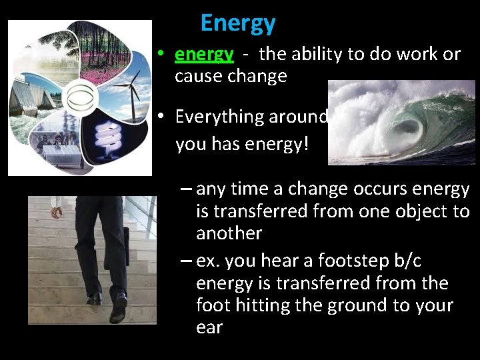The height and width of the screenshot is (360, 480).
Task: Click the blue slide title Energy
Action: pyautogui.click(x=237, y=23)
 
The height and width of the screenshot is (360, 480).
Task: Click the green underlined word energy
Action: pyautogui.click(x=204, y=55)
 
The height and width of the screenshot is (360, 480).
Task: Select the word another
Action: pyautogui.click(x=229, y=233)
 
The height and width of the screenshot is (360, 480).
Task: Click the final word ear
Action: pyautogui.click(x=209, y=327)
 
